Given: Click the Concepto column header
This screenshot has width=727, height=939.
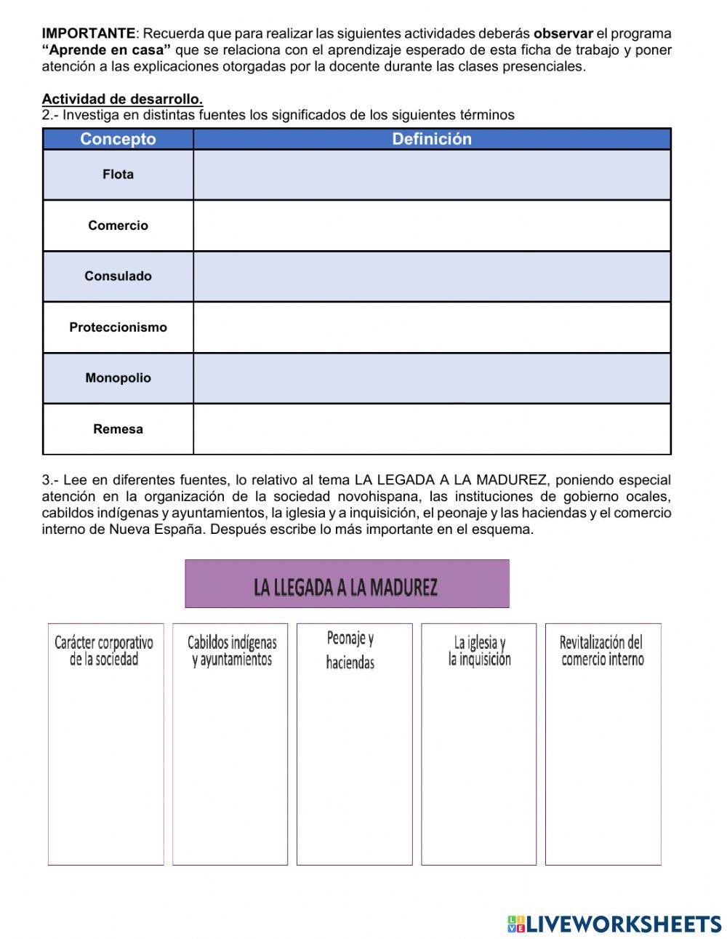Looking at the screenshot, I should click(118, 139).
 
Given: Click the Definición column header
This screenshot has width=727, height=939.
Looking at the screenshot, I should click(432, 139).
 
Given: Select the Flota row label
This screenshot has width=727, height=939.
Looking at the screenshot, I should click(118, 175).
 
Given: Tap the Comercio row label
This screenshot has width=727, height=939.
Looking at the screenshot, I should click(118, 225).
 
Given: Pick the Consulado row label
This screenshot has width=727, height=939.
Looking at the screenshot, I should click(118, 276).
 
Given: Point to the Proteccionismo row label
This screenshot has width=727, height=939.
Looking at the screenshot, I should click(118, 327).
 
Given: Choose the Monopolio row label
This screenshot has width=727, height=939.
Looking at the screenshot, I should click(118, 378).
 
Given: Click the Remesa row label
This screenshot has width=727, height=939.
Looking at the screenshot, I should click(118, 429).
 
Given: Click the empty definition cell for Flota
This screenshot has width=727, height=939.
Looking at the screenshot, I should click(432, 175).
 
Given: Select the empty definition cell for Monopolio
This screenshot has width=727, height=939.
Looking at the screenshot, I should click(432, 378).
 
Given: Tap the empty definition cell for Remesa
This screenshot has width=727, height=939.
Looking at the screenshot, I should click(432, 429).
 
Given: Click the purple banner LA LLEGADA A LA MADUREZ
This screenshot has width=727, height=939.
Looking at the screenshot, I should click(347, 584).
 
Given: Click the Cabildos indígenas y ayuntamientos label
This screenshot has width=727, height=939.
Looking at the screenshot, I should click(232, 651).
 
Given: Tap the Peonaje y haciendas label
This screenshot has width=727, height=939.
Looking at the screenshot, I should click(350, 650).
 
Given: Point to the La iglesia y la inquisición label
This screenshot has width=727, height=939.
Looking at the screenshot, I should click(479, 651).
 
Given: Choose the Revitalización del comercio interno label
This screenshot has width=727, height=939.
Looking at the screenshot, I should click(602, 651).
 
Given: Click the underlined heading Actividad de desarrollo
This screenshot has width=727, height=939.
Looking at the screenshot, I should click(122, 99).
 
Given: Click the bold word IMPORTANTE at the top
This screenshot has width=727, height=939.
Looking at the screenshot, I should click(88, 33).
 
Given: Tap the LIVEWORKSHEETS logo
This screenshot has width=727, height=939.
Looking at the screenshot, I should click(614, 924).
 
